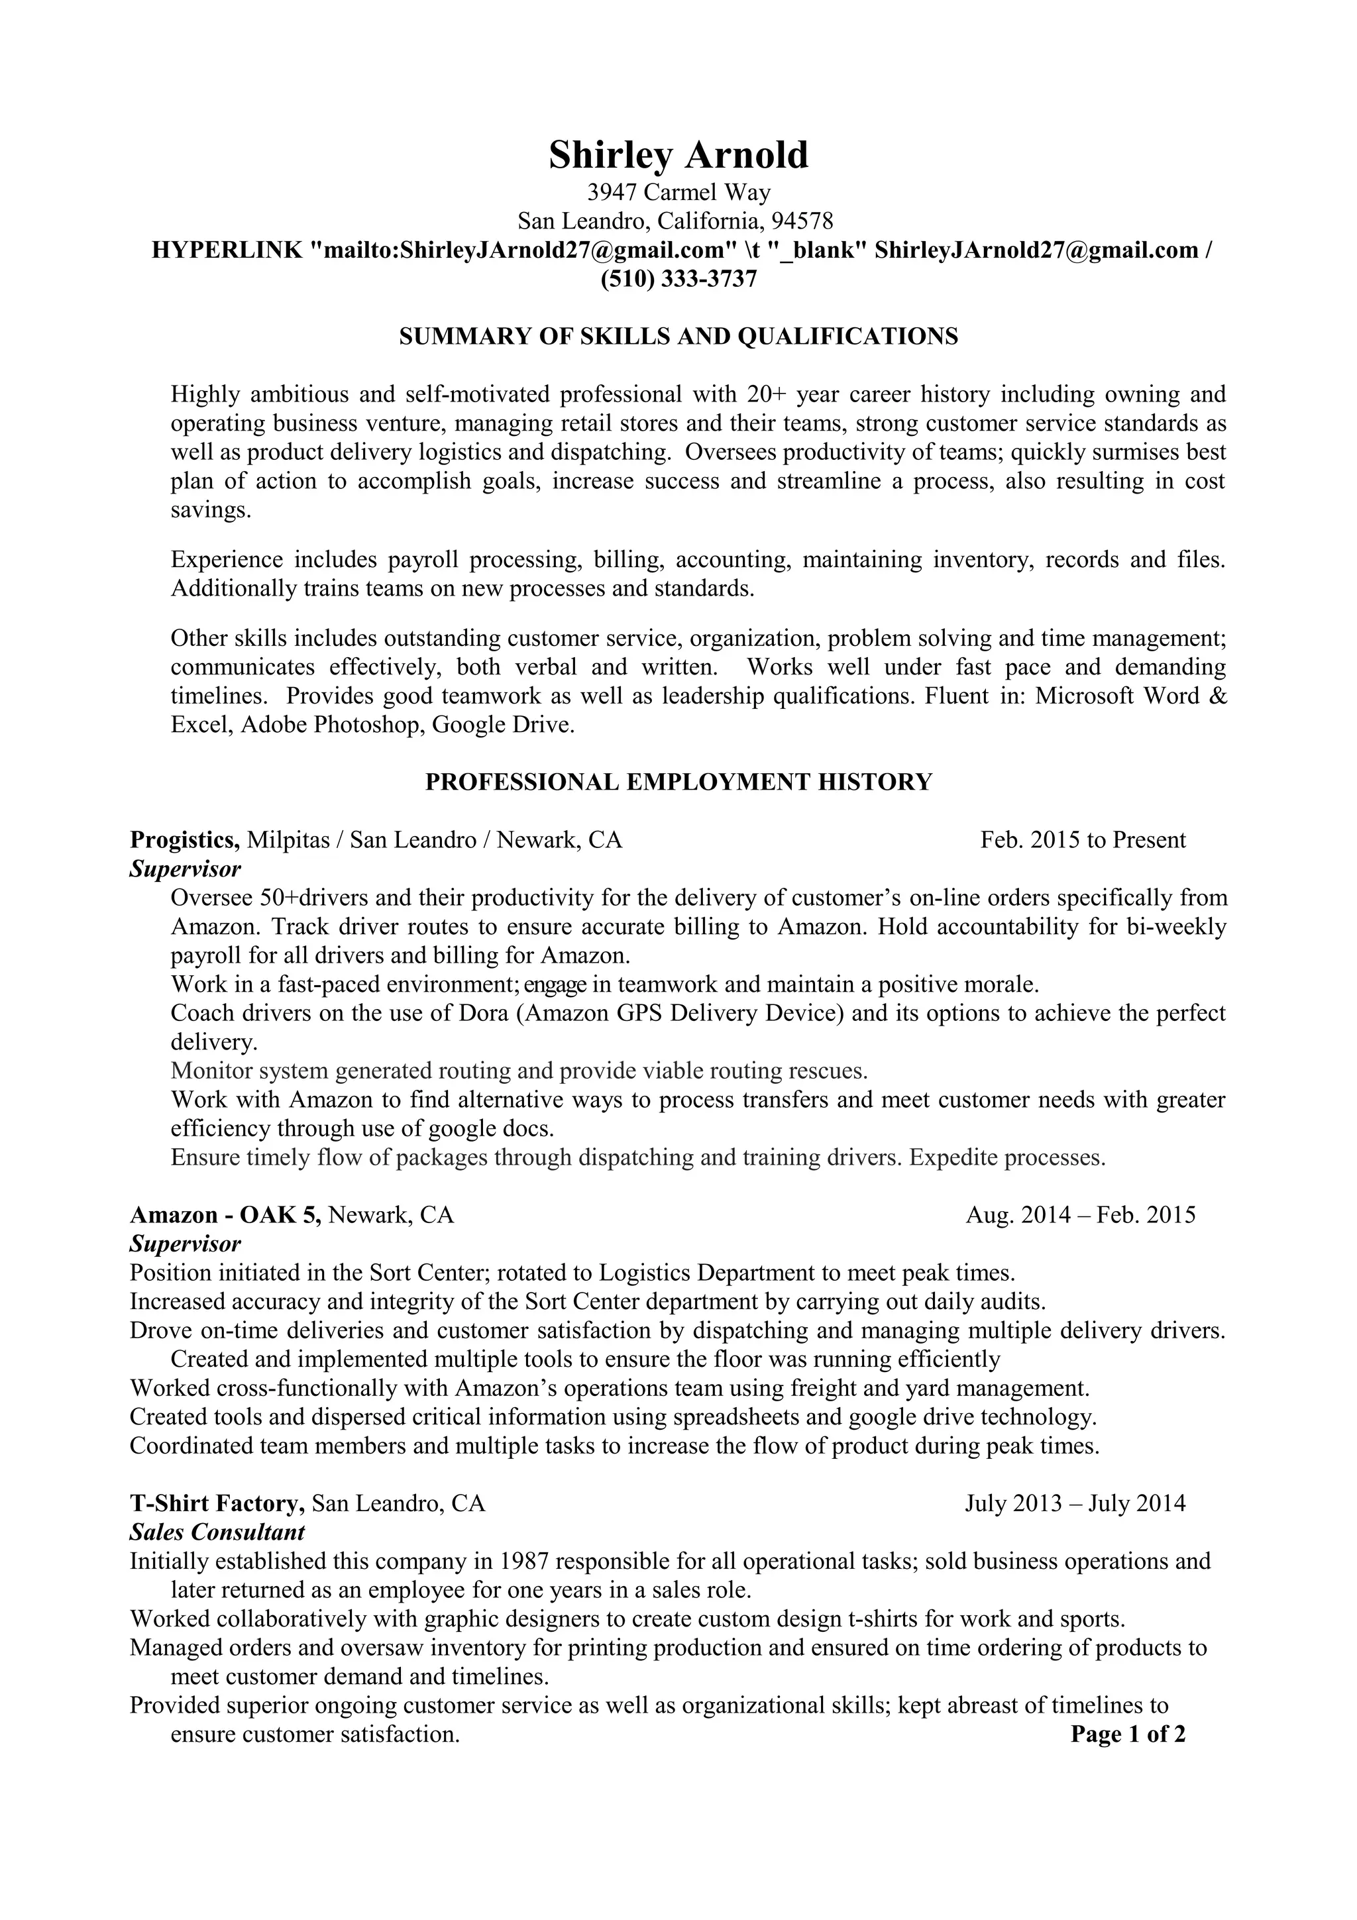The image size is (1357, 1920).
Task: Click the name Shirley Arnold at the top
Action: [x=678, y=156]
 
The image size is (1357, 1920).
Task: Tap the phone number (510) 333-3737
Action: [x=678, y=278]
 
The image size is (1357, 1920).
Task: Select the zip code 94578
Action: [x=802, y=221]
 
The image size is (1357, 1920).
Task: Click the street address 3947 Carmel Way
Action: [x=678, y=193]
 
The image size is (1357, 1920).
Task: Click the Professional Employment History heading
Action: [x=678, y=782]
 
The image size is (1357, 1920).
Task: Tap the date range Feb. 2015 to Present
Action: [x=1083, y=839]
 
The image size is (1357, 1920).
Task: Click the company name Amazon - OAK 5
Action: [x=225, y=1214]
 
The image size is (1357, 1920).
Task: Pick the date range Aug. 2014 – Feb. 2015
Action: [x=1080, y=1214]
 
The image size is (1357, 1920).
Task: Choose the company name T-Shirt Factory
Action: [x=217, y=1503]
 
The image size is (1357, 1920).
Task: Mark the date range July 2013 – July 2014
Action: [x=1074, y=1503]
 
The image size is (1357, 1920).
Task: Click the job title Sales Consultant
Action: [x=217, y=1532]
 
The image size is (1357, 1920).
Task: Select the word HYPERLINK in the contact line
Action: [x=227, y=250]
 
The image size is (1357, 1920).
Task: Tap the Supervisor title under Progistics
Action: [x=185, y=869]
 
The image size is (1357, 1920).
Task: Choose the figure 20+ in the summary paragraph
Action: [x=766, y=394]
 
